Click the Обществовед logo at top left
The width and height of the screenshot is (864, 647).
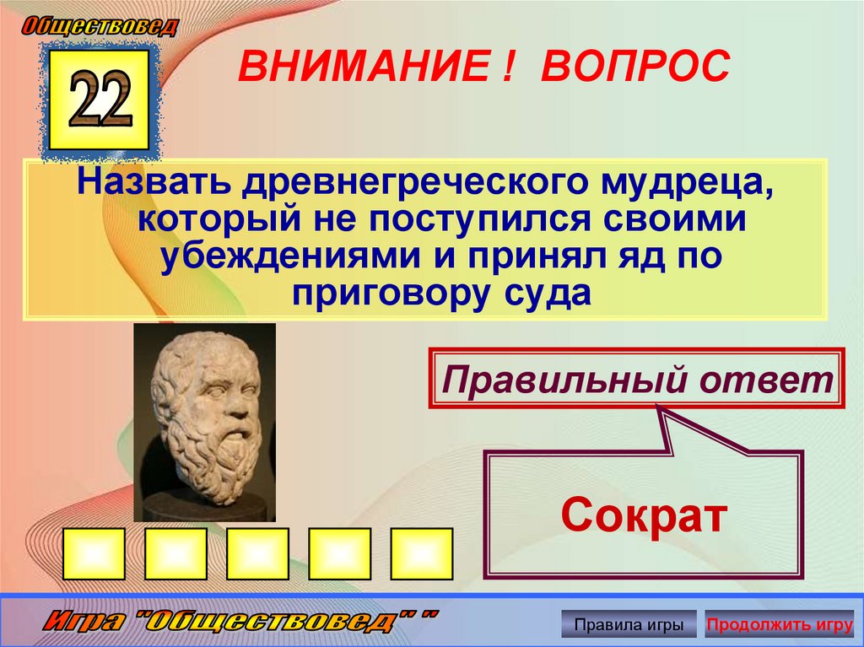click(100, 26)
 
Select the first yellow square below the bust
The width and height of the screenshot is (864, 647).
click(94, 553)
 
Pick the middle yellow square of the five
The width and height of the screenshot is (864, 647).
click(257, 553)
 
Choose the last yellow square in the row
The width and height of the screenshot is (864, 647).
click(421, 553)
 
